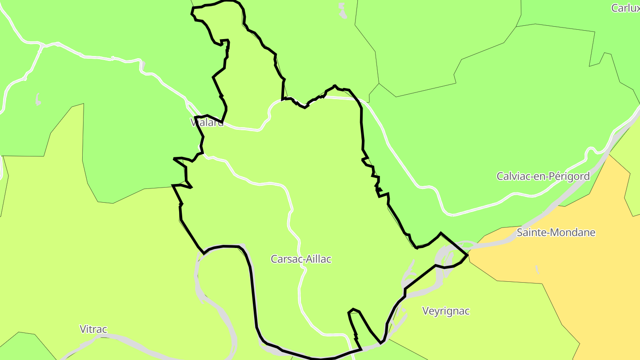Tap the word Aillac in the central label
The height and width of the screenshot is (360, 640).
[x=317, y=259]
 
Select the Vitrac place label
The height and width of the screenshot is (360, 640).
[x=93, y=329]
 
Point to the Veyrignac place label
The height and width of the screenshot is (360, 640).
[x=445, y=311]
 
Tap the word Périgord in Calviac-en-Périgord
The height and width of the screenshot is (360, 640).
[x=571, y=176]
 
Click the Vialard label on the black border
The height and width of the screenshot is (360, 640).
[x=207, y=123]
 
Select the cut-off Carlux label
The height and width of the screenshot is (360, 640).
[x=625, y=8]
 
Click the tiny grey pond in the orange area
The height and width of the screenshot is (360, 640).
[x=537, y=269]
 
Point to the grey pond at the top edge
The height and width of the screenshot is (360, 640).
[x=342, y=10]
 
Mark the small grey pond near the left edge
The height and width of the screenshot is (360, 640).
[x=38, y=100]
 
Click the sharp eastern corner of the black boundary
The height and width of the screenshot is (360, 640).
[x=468, y=255]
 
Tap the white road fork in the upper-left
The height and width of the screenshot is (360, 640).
[x=42, y=46]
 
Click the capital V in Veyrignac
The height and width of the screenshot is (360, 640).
[x=425, y=311]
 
